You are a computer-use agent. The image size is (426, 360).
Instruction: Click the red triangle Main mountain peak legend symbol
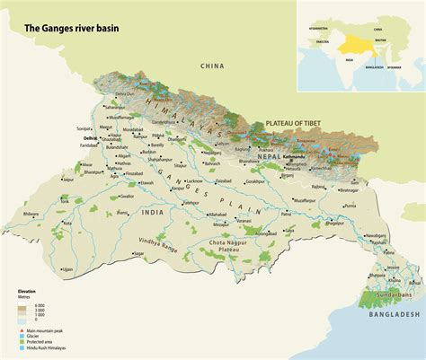click(x=20, y=332)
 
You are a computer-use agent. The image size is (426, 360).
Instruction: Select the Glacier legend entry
click(x=36, y=338)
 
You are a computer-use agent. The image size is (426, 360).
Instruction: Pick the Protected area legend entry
click(x=41, y=345)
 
